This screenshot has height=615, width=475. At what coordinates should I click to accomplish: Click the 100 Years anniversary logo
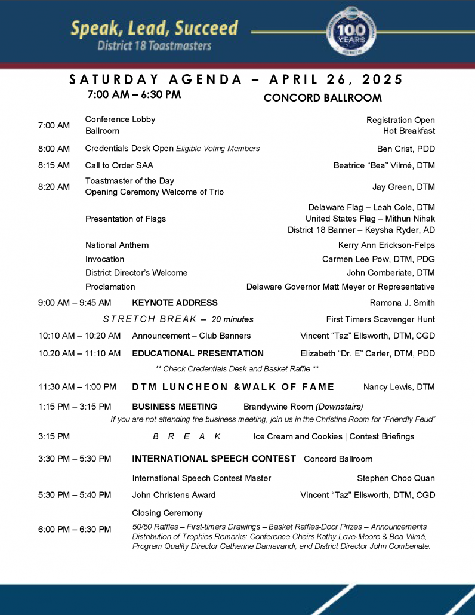tap(351, 32)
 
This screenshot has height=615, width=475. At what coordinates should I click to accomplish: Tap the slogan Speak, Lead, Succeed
tap(154, 27)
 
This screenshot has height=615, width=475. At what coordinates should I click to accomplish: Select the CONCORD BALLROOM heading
tap(322, 97)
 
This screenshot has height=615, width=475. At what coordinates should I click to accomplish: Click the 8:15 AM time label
tap(54, 165)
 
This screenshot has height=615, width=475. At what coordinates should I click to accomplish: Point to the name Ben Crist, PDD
tap(406, 149)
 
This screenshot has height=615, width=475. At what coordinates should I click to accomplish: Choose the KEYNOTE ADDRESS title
tap(174, 303)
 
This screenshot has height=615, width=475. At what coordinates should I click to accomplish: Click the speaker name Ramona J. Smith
tap(402, 303)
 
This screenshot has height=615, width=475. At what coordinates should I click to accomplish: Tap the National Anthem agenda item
tap(117, 245)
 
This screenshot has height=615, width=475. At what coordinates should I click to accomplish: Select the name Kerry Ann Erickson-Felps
tap(386, 245)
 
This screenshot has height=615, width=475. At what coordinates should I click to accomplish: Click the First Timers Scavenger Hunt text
tap(380, 319)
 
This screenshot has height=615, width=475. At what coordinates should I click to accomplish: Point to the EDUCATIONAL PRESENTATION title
tap(198, 353)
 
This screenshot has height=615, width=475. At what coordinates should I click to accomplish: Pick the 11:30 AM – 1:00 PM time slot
tap(77, 387)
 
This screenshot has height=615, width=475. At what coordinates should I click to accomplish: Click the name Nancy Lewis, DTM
tap(399, 387)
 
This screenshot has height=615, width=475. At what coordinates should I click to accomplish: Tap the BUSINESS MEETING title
tap(174, 407)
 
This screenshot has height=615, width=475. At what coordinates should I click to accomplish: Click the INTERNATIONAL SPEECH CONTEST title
tap(214, 459)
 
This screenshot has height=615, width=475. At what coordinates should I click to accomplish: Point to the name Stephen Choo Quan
tap(396, 478)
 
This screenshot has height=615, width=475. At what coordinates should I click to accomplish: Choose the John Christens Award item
tap(174, 495)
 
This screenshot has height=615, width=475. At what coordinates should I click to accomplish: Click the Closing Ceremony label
tap(167, 513)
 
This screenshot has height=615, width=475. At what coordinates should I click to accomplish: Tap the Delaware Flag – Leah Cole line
tap(371, 208)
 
